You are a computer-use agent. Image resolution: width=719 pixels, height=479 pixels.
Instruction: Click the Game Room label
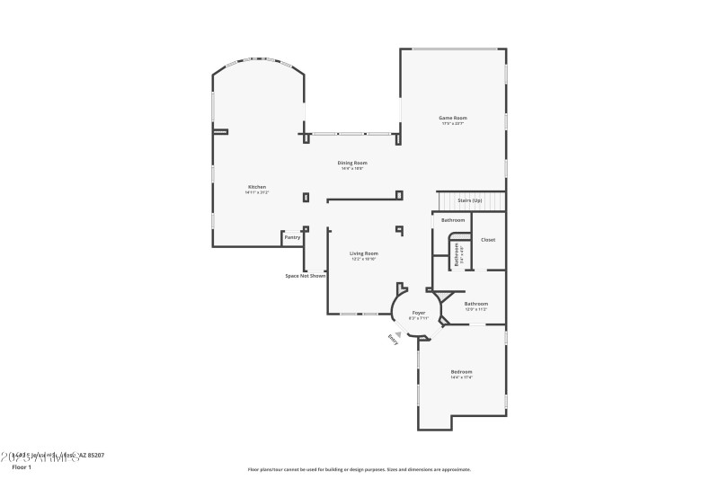pyautogui.click(x=452, y=118)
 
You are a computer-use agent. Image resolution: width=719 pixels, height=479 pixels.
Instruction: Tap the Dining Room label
pyautogui.click(x=352, y=163)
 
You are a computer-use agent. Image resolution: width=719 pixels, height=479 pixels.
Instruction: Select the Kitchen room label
pyautogui.click(x=257, y=187)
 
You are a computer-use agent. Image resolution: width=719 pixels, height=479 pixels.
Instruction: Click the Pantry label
pyautogui.click(x=292, y=237)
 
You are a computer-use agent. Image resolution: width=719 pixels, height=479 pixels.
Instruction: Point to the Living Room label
pyautogui.click(x=363, y=253)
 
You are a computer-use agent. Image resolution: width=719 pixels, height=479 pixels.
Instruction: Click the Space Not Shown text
pyautogui.click(x=305, y=276)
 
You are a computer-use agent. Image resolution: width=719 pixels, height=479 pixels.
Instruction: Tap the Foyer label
pyautogui.click(x=418, y=313)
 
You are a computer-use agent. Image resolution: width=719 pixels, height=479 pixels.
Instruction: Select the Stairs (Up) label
pyautogui.click(x=470, y=200)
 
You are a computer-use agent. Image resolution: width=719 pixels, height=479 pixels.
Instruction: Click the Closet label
pyautogui.click(x=488, y=240)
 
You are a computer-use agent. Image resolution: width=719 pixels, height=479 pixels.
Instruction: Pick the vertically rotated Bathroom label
pyautogui.click(x=456, y=254)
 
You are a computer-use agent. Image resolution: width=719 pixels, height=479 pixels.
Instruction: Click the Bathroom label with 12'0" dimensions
pyautogui.click(x=475, y=304)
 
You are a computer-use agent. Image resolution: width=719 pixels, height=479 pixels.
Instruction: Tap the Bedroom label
pyautogui.click(x=461, y=371)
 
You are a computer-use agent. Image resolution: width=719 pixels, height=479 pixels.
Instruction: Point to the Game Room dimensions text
pyautogui.click(x=452, y=124)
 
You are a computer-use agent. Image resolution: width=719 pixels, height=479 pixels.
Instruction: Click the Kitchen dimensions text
pyautogui.click(x=257, y=192)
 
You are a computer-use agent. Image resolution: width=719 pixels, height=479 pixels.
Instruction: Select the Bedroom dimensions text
pyautogui.click(x=461, y=377)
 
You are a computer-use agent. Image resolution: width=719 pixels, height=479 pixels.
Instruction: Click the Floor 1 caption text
pyautogui.click(x=21, y=467)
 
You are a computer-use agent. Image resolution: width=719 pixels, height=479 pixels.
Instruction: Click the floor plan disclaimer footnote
pyautogui.click(x=359, y=469)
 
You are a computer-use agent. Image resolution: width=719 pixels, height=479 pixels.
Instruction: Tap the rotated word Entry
pyautogui.click(x=393, y=340)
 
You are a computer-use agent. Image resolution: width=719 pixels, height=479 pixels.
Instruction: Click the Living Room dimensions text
pyautogui.click(x=363, y=259)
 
